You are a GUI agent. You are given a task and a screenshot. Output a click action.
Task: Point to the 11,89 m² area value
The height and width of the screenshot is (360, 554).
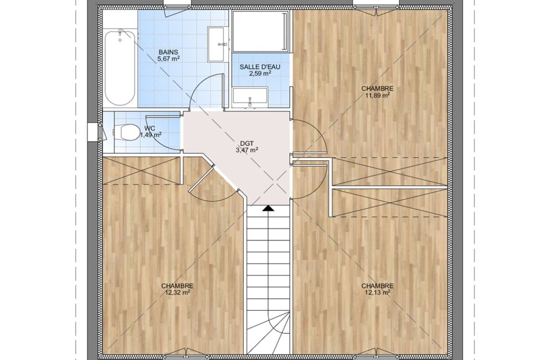[377, 95]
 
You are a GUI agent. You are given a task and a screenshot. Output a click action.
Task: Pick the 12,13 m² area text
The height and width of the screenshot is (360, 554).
[377, 292]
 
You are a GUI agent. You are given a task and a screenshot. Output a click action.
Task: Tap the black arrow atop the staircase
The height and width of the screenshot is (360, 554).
[268, 209]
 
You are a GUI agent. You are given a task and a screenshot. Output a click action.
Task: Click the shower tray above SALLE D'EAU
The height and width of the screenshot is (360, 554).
[260, 32]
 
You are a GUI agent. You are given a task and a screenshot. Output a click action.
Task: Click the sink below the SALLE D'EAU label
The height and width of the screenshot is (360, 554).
[250, 99]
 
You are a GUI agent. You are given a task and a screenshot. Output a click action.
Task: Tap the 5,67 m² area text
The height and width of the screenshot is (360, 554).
[168, 58]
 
